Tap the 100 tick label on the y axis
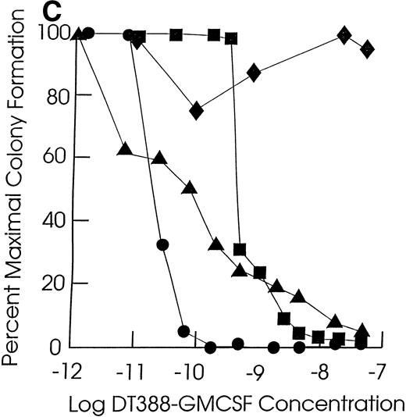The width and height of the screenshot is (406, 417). pyautogui.click(x=51, y=34)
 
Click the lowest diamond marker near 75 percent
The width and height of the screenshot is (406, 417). pyautogui.click(x=197, y=111)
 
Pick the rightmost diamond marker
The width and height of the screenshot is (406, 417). pyautogui.click(x=367, y=49)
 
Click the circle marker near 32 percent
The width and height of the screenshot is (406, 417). pyautogui.click(x=162, y=244)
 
